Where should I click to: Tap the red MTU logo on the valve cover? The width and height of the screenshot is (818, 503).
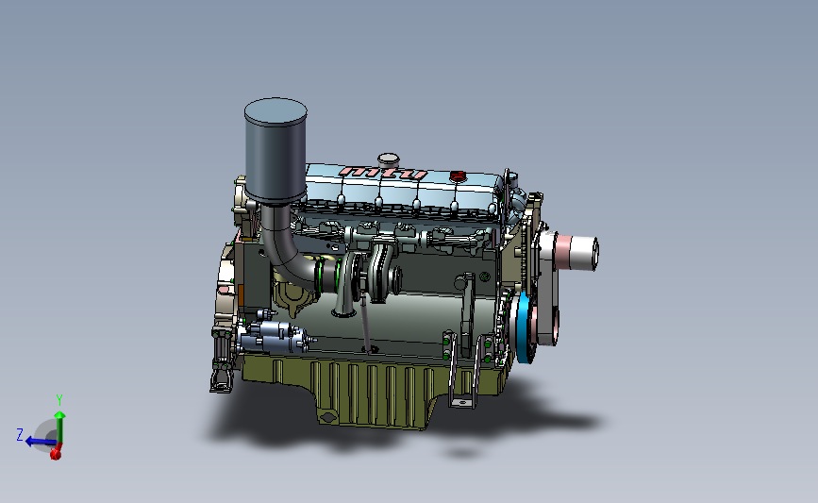(x=384, y=174)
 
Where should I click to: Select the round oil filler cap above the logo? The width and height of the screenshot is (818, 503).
(x=387, y=159)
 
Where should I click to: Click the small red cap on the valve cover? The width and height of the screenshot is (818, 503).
(x=459, y=176)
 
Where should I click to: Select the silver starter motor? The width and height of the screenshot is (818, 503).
(x=276, y=334)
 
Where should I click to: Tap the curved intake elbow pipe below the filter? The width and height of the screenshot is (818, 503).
(x=283, y=250)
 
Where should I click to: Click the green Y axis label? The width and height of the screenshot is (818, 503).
(x=58, y=399)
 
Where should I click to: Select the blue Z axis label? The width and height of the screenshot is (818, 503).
(x=19, y=434)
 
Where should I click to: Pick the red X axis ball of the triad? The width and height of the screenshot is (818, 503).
(x=56, y=454)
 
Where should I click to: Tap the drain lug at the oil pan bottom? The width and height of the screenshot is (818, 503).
(x=327, y=418)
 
